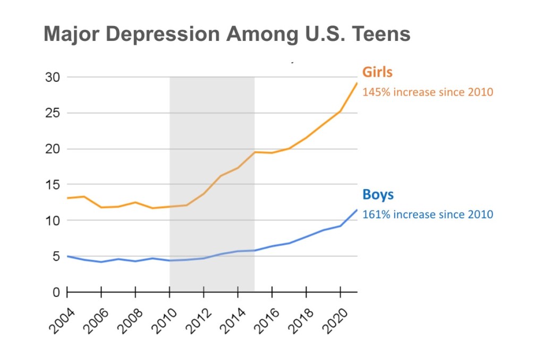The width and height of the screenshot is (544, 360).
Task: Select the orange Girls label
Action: tap(377, 72)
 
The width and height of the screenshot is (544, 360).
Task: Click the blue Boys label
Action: tap(378, 194)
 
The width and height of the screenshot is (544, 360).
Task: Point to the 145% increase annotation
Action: tap(428, 92)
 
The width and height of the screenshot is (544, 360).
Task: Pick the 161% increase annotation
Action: tap(428, 215)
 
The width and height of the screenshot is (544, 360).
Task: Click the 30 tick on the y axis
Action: tap(52, 78)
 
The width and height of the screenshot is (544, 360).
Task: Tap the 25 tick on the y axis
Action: tap(52, 114)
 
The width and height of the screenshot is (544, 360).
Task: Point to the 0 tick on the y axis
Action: tap(56, 293)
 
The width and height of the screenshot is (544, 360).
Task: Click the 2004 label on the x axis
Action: tap(61, 319)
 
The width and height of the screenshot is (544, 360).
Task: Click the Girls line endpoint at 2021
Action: tap(356, 83)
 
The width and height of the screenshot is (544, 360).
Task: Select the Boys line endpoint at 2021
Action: tap(356, 210)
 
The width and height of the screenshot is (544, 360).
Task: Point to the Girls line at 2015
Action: tap(255, 152)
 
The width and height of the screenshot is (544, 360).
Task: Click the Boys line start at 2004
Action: tap(67, 256)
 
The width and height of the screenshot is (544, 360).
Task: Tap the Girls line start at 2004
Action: tap(67, 198)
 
